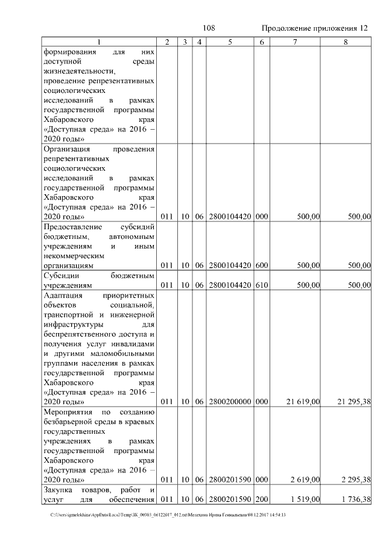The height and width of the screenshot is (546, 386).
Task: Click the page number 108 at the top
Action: pyautogui.click(x=209, y=28)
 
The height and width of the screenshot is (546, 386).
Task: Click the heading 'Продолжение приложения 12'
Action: pyautogui.click(x=315, y=28)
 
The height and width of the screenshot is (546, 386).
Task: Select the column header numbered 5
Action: pyautogui.click(x=230, y=42)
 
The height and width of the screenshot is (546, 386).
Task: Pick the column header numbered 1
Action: pyautogui.click(x=100, y=42)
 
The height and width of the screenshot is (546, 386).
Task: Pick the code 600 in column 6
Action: pyautogui.click(x=261, y=265)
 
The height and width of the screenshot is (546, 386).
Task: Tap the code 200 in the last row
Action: pyautogui.click(x=261, y=500)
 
